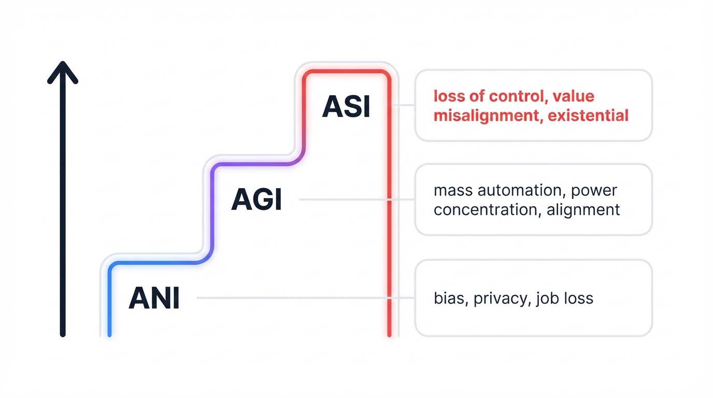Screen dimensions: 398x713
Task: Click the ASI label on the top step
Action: coord(346,107)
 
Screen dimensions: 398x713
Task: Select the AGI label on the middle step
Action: coord(256,200)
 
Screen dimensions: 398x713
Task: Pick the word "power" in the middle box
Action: coord(594,190)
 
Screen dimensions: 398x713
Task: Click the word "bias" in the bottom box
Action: coord(449,298)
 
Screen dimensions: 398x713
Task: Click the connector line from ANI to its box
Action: coord(290,298)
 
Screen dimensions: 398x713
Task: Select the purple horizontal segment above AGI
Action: coord(254,164)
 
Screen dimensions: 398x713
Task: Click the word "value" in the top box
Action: coord(574,96)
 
